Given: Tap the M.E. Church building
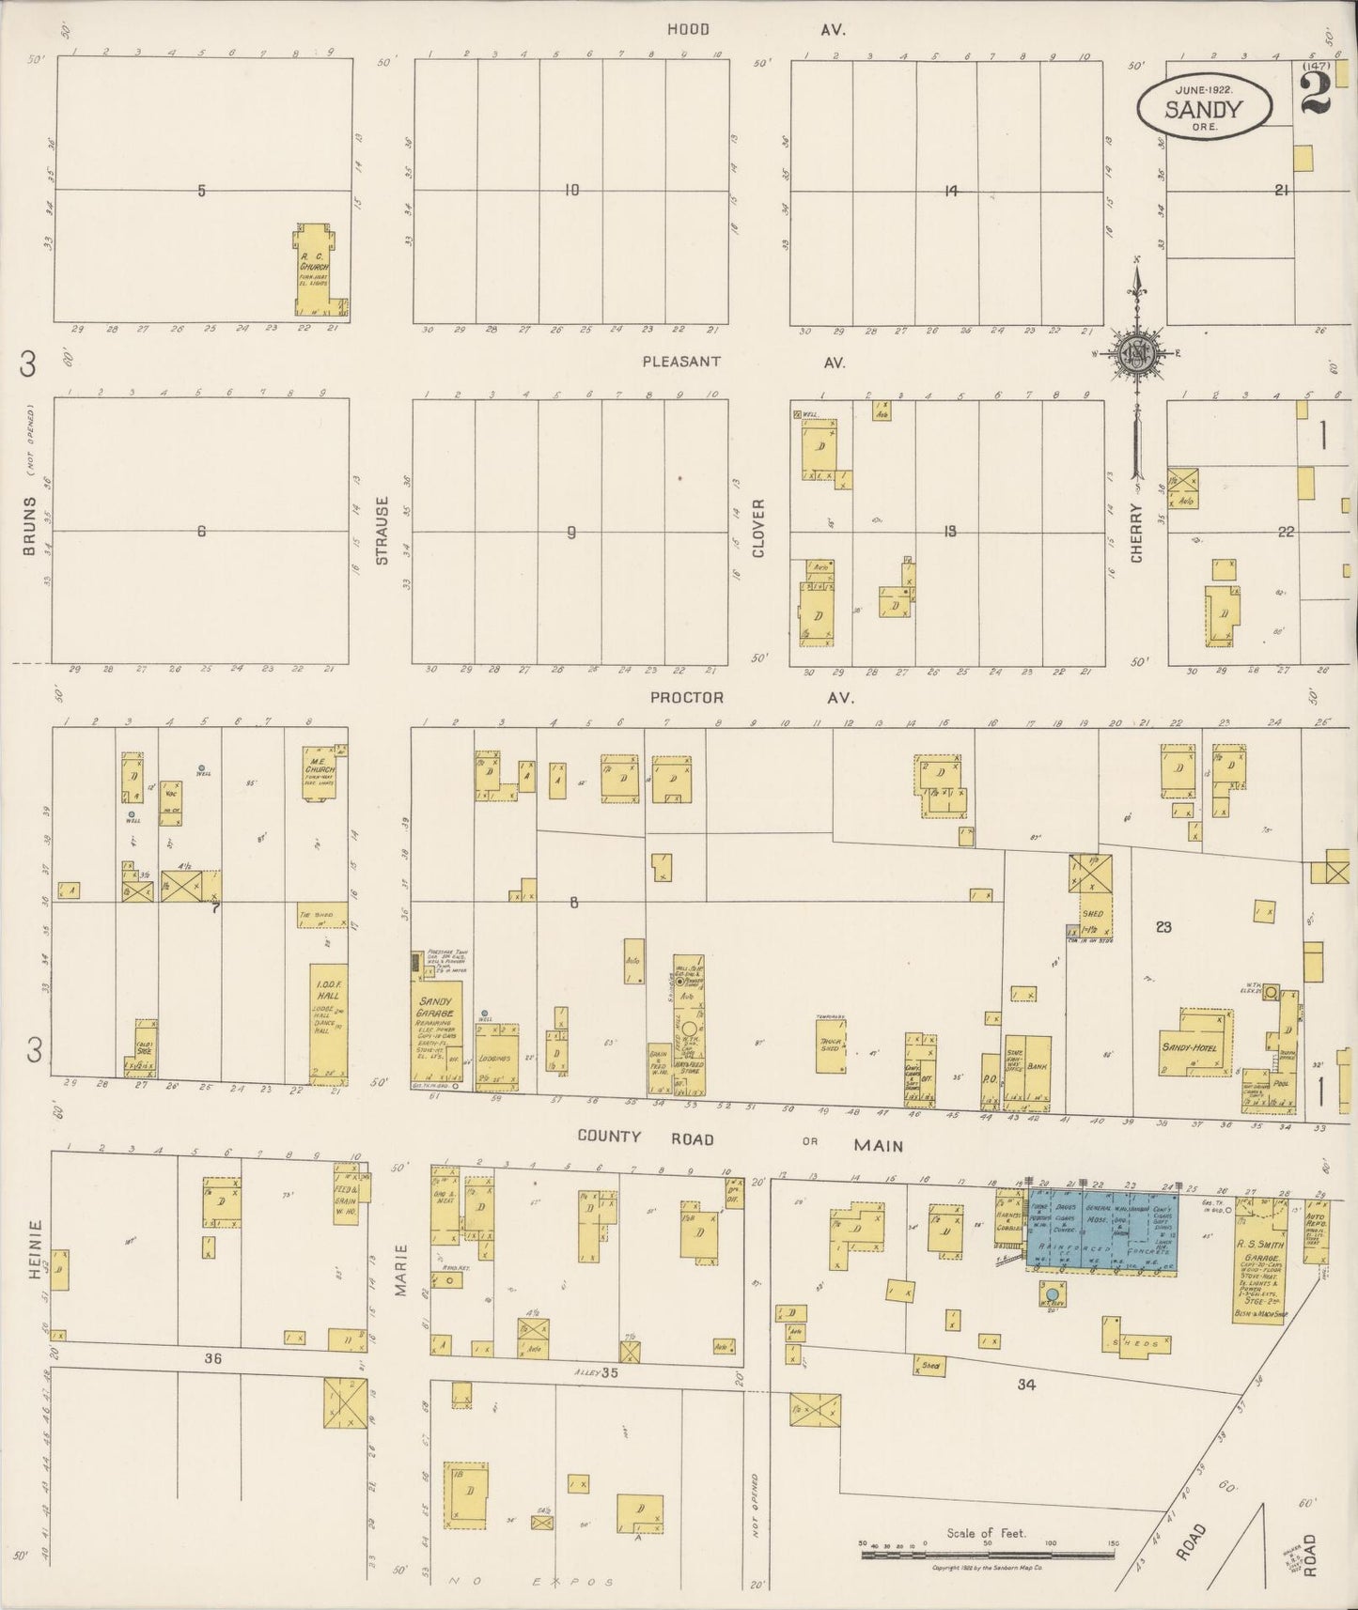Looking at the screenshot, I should [x=320, y=774].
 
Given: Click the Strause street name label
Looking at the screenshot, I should [x=382, y=531].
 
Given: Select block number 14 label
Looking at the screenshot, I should [x=951, y=191].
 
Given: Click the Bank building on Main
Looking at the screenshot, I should [x=1037, y=1067].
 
